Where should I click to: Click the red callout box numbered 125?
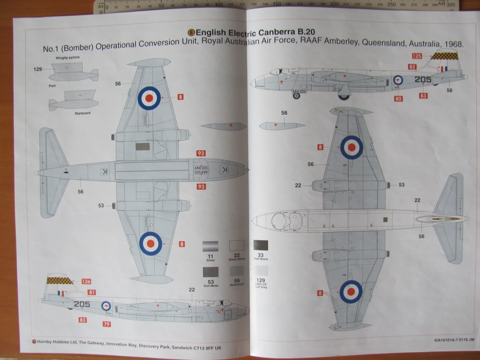click(417, 56)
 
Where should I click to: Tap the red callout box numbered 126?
click(86, 281)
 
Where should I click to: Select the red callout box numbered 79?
click(107, 324)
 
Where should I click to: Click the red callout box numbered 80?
click(398, 98)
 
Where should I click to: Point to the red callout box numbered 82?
click(412, 67)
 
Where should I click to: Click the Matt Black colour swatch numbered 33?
click(261, 245)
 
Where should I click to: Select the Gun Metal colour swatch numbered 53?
click(210, 271)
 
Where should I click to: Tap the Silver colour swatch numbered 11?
click(210, 246)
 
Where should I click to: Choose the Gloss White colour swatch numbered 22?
click(236, 245)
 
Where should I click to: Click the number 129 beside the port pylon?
click(37, 69)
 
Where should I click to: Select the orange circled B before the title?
click(191, 32)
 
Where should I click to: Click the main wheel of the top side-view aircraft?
click(344, 97)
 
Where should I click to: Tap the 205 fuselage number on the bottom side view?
click(82, 304)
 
